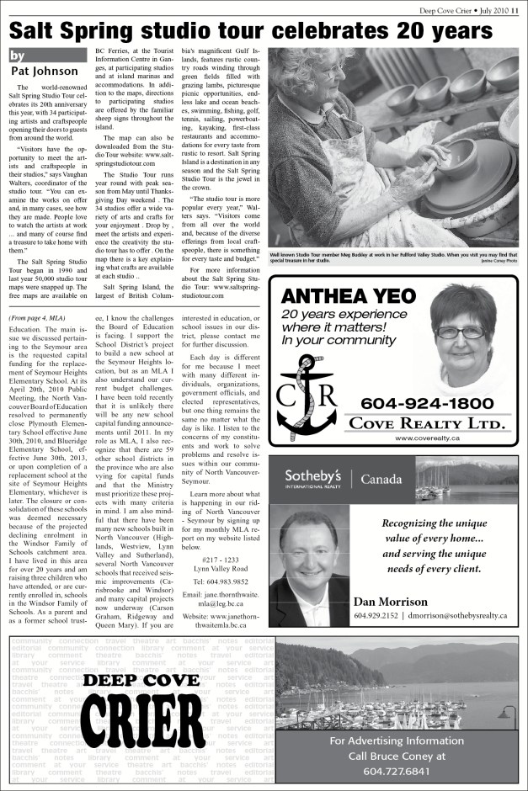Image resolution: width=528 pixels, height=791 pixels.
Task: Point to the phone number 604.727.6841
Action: pos(396,771)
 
